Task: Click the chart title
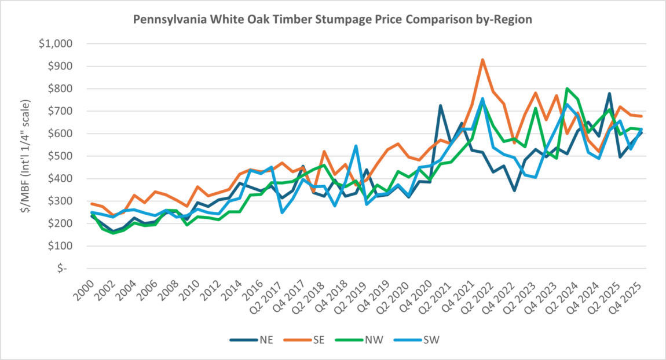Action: [x=332, y=19]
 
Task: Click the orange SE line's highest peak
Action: [x=482, y=60]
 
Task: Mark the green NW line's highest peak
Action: [x=567, y=89]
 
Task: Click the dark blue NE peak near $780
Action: [x=609, y=93]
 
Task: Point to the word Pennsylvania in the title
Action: [x=166, y=19]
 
